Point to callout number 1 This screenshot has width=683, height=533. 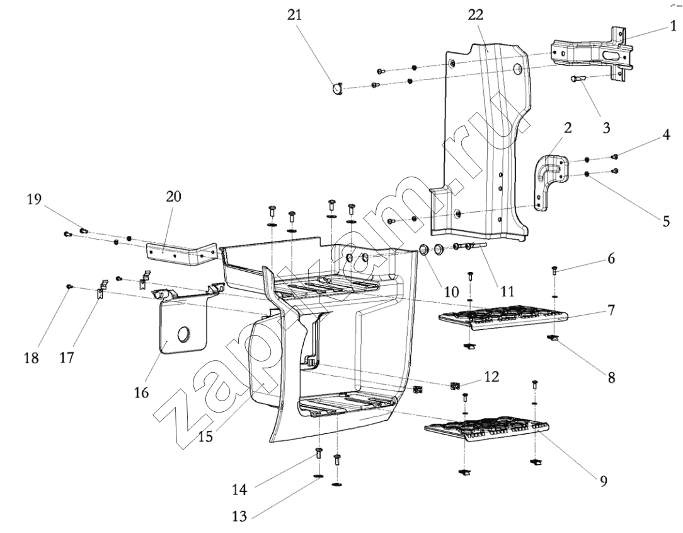click(x=673, y=27)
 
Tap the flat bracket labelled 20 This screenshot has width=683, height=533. click(x=181, y=252)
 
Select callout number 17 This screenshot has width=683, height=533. click(x=67, y=358)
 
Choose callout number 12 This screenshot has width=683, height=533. click(x=491, y=377)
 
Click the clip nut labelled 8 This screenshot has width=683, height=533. click(x=553, y=339)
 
